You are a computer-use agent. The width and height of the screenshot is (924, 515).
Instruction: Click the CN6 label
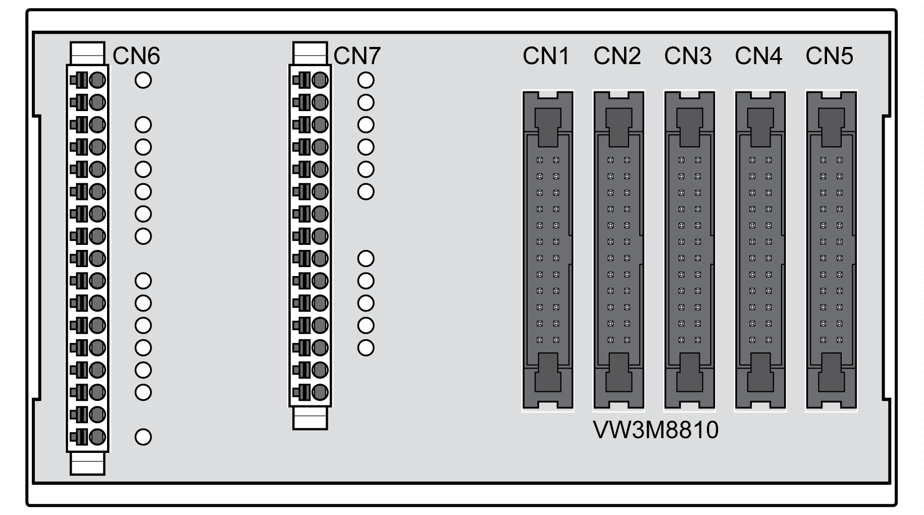point(136,56)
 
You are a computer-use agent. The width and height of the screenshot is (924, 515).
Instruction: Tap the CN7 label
point(357,56)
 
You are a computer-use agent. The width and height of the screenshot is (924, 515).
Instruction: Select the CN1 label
point(546,56)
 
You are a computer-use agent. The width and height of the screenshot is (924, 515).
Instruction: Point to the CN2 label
point(617,56)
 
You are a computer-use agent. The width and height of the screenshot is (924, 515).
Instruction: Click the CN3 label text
point(688,56)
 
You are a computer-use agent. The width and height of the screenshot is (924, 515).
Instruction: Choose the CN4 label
point(758,56)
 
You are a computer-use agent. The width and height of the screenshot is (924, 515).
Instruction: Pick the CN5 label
point(829,56)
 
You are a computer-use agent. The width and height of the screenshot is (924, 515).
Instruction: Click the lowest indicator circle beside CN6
point(143,437)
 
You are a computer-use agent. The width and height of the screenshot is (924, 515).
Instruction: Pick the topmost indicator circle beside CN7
point(366,80)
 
